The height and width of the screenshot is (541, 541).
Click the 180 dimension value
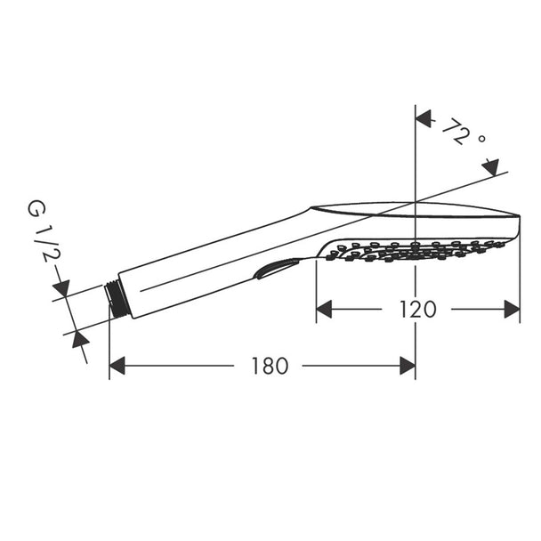[x=270, y=366]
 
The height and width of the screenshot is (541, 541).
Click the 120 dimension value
[x=418, y=309]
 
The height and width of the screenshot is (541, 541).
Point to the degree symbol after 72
[x=482, y=139]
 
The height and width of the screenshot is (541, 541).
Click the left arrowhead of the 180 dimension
[x=117, y=366]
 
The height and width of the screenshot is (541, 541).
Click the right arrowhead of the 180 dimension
[x=408, y=366]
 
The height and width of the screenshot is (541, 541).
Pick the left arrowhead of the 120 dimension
[x=324, y=309]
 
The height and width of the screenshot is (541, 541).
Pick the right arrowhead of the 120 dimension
[x=512, y=309]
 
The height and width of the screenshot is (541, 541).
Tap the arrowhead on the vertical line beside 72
[x=424, y=119]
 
